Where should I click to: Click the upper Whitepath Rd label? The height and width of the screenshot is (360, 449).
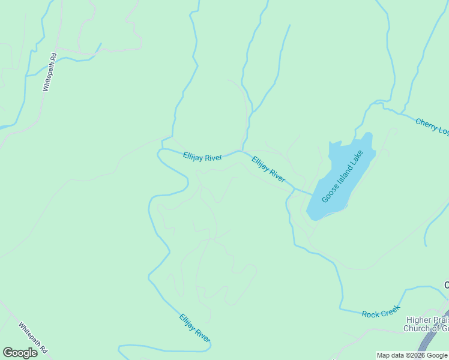pos(49,72)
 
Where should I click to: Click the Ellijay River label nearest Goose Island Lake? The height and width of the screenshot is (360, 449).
pos(268,169)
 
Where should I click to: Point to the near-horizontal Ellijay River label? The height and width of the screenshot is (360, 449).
pos(202,157)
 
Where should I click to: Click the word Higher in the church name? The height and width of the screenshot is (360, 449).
pos(418,320)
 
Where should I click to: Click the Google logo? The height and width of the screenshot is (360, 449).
pos(20,352)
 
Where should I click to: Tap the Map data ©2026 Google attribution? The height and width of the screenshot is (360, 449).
pos(412,355)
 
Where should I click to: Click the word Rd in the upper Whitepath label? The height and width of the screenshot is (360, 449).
pos(53,58)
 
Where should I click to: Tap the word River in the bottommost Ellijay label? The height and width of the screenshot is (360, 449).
pos(202,336)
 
